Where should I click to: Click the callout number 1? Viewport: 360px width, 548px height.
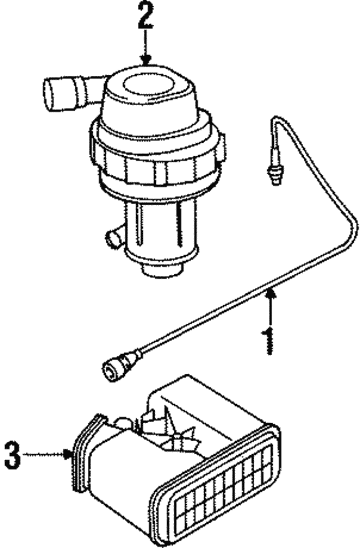click(x=269, y=341)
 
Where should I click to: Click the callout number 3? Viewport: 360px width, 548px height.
click(x=12, y=454)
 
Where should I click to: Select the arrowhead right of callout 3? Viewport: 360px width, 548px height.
click(x=69, y=454)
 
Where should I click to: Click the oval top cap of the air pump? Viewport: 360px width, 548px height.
click(x=147, y=83)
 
